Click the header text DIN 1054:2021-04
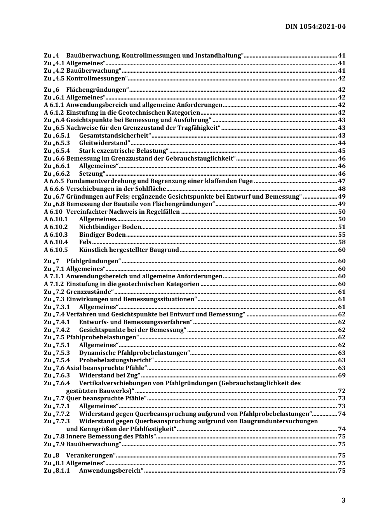click(x=315, y=27)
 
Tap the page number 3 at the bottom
click(x=343, y=500)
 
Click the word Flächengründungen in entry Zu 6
click(x=96, y=90)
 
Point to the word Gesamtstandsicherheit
click(x=114, y=136)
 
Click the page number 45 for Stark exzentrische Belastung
click(x=341, y=151)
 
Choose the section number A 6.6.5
click(x=54, y=181)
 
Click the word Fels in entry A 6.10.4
click(x=85, y=242)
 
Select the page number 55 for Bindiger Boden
click(x=341, y=235)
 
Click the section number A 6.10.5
click(x=56, y=250)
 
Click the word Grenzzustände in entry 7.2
click(x=89, y=292)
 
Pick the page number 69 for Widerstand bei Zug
click(x=341, y=375)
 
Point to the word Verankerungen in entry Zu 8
click(x=90, y=456)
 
